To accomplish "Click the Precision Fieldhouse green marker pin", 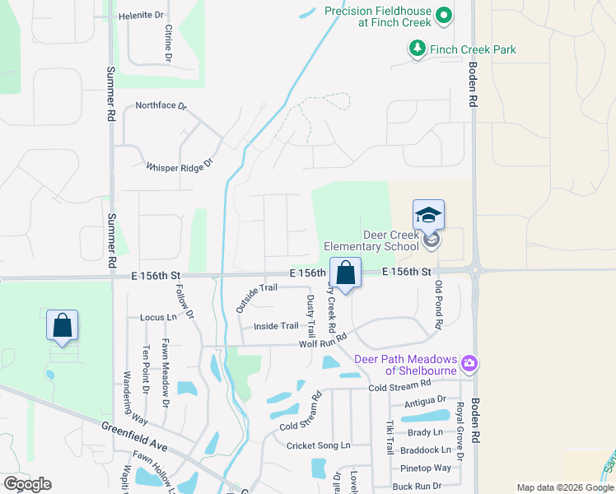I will point(444,16).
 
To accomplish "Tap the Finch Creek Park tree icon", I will point(418,49).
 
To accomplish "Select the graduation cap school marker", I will point(428,216).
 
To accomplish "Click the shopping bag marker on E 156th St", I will point(346,273).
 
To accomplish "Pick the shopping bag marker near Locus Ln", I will point(63,325).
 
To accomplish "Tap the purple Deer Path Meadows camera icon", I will point(470,362).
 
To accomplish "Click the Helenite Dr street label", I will point(142,15).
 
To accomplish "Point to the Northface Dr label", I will point(161,106).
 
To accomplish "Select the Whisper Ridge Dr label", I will point(179,165).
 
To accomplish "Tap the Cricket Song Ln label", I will point(318,445).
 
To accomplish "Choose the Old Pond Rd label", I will point(439,305).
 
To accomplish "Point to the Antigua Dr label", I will point(427,403).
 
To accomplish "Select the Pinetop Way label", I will point(425,468).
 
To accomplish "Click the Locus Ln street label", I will point(159,317).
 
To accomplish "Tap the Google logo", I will point(27,484).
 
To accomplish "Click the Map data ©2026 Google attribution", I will point(564,487).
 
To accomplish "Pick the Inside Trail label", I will point(276,326).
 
